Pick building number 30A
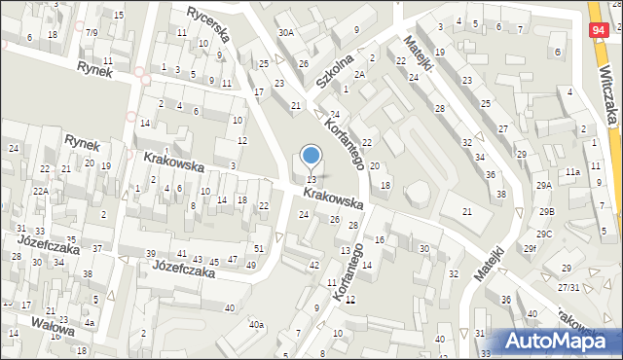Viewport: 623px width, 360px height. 285,32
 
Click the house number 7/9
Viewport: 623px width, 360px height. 92,32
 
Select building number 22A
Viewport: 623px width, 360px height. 40,191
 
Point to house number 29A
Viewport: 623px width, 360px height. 543,185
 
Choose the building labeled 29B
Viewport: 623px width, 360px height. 546,211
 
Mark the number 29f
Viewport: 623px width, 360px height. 530,248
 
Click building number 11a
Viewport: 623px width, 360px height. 573,172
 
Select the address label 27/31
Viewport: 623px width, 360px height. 568,287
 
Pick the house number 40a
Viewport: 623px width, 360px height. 256,324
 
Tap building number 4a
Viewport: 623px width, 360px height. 89,322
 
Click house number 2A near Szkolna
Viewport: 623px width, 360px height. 359,74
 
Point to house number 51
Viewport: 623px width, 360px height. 258,249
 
